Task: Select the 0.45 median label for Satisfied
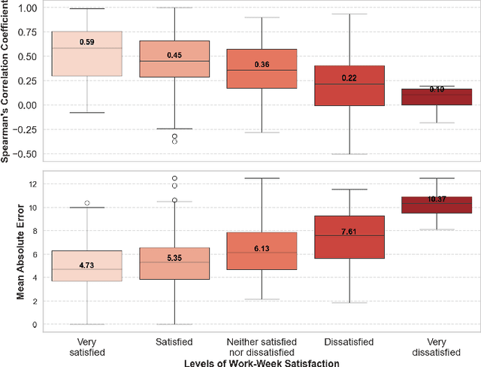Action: tap(174, 53)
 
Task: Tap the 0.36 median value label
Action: tap(262, 65)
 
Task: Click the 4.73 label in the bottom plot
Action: tap(86, 265)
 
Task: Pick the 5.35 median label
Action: tap(174, 258)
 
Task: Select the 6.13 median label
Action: tap(262, 248)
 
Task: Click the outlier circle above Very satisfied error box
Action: tap(87, 203)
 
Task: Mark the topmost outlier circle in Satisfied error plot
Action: tap(174, 179)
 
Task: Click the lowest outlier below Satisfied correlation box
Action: tap(174, 141)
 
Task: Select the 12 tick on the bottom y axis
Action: tap(32, 183)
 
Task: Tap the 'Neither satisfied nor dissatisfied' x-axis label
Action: tap(262, 347)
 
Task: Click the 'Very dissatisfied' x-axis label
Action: tap(436, 347)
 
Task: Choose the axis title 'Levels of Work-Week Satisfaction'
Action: tap(261, 362)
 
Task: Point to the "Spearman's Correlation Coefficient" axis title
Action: tap(7, 83)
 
